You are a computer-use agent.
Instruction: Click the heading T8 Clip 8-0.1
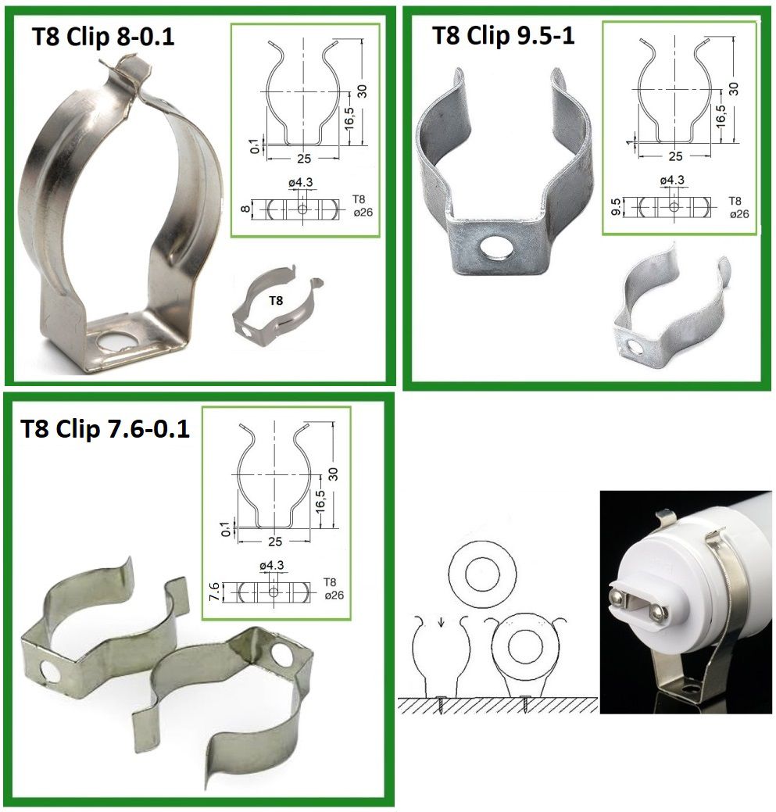(103, 36)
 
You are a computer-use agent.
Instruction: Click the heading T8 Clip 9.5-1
(503, 35)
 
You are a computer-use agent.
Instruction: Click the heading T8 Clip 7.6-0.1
(105, 429)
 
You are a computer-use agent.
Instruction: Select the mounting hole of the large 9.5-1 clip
(496, 248)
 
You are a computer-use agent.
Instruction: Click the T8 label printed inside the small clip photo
(276, 300)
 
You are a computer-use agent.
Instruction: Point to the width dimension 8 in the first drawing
(246, 209)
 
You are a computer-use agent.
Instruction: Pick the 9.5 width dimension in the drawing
(616, 206)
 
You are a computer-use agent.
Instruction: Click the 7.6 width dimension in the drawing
(213, 591)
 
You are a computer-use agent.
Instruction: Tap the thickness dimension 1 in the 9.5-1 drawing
(630, 141)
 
